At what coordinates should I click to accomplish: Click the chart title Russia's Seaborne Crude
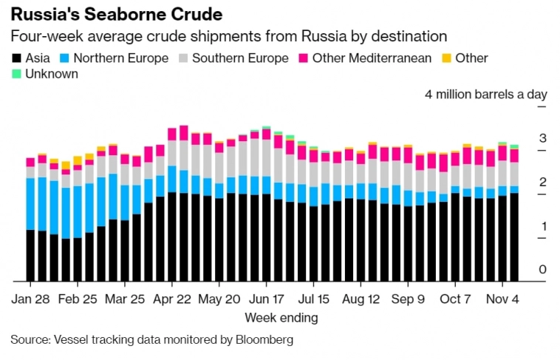(116, 13)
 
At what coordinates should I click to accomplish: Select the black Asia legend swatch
(16, 58)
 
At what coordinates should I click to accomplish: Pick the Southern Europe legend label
(240, 58)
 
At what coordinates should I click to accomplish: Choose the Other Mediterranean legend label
(372, 58)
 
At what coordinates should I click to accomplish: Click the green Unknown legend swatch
(16, 74)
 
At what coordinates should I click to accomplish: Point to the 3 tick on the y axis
(542, 138)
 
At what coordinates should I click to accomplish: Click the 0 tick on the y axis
(542, 270)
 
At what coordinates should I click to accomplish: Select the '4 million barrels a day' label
(485, 95)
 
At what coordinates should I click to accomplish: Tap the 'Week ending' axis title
(281, 318)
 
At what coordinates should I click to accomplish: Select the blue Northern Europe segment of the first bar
(30, 204)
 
